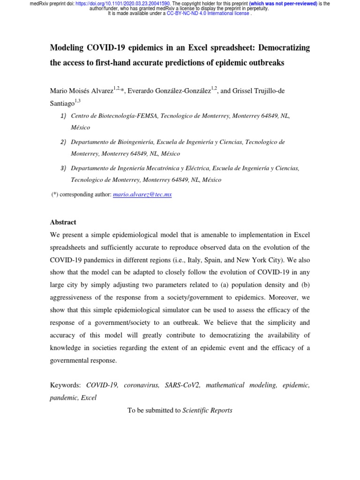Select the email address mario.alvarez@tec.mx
click(142, 195)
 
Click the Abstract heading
click(63, 222)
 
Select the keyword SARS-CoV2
click(182, 385)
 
